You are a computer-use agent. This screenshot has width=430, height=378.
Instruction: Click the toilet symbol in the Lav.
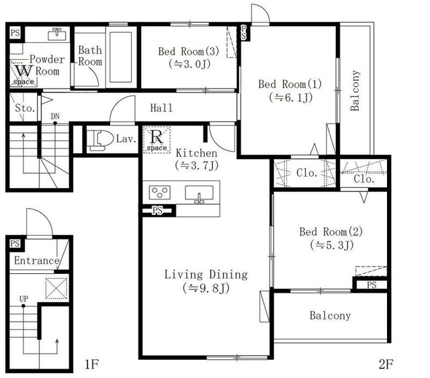(x=101, y=140)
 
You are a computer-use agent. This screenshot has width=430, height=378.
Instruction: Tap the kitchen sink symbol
(x=199, y=194)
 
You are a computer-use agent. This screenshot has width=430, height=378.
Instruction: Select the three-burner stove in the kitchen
(x=159, y=192)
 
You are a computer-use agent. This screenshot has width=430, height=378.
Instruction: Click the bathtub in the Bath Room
(x=121, y=57)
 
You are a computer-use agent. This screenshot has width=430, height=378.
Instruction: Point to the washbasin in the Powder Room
(x=56, y=34)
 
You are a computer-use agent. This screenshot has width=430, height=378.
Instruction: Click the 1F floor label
(x=91, y=365)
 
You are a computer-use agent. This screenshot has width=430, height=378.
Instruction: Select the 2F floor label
(x=386, y=365)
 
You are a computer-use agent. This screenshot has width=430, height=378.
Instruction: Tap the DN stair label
(x=55, y=116)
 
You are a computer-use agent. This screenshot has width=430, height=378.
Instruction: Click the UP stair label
(x=24, y=299)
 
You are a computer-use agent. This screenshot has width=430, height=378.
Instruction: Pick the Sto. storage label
(x=25, y=108)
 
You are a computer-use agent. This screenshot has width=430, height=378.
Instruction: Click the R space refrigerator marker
(x=157, y=140)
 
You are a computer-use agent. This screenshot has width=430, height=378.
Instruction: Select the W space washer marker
(x=24, y=75)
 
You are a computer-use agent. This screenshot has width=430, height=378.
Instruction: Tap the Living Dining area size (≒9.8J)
(x=206, y=288)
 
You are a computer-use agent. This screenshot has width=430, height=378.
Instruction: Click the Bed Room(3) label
(x=189, y=51)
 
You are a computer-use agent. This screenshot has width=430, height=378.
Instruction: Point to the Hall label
(x=161, y=108)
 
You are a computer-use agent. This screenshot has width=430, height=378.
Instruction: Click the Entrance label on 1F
(x=37, y=261)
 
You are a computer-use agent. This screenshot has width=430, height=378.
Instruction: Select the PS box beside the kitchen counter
(x=157, y=211)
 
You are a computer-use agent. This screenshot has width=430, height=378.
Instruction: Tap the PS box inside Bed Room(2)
(x=372, y=285)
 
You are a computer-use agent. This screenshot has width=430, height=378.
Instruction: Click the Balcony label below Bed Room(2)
(x=330, y=316)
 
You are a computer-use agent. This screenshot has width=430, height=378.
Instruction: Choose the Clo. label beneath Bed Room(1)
(x=307, y=173)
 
